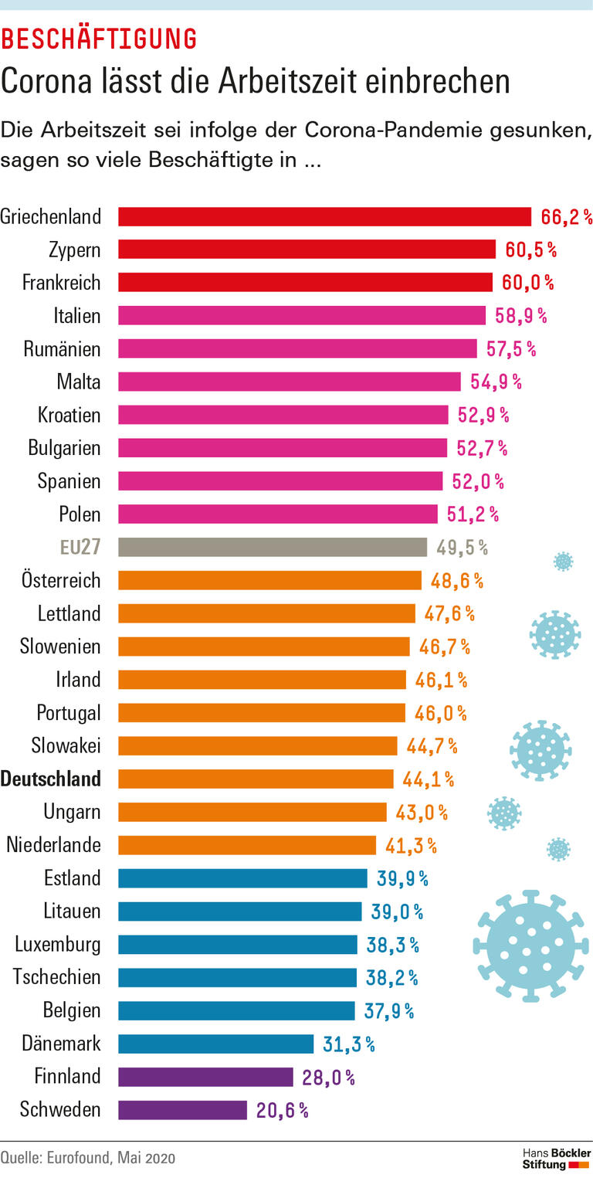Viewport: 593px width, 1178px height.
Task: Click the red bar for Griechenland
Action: click(x=324, y=216)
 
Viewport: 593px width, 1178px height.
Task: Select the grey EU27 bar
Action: click(x=272, y=548)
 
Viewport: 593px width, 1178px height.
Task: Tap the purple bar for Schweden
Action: click(x=182, y=1110)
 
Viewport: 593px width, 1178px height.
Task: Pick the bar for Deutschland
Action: click(x=256, y=779)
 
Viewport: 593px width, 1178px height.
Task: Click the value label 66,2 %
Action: click(x=566, y=217)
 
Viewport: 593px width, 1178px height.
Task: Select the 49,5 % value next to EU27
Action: click(x=462, y=548)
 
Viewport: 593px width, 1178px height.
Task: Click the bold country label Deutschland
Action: click(x=51, y=779)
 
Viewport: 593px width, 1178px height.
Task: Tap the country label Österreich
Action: click(x=61, y=580)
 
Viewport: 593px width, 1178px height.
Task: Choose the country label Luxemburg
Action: click(x=58, y=944)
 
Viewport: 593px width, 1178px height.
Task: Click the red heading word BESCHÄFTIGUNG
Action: click(x=99, y=38)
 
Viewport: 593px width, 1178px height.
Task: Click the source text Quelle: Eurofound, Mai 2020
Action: click(x=88, y=1158)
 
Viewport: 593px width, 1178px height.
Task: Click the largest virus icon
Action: click(x=530, y=946)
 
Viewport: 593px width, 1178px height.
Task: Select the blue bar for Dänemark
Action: click(x=215, y=1044)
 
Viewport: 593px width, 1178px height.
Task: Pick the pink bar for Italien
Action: click(x=301, y=315)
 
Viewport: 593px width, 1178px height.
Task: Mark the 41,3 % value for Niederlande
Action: click(x=411, y=846)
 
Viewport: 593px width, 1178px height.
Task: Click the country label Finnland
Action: click(x=67, y=1076)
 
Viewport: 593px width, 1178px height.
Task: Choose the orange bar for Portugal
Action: click(x=261, y=712)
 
